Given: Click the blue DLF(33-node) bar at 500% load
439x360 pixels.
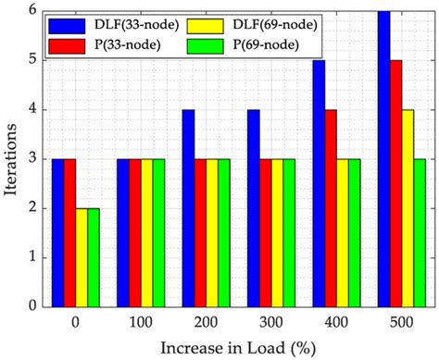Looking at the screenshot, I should coord(383,158).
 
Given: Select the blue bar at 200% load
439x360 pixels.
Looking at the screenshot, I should coord(188,207).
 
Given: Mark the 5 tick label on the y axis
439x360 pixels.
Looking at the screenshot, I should coord(35,60).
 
